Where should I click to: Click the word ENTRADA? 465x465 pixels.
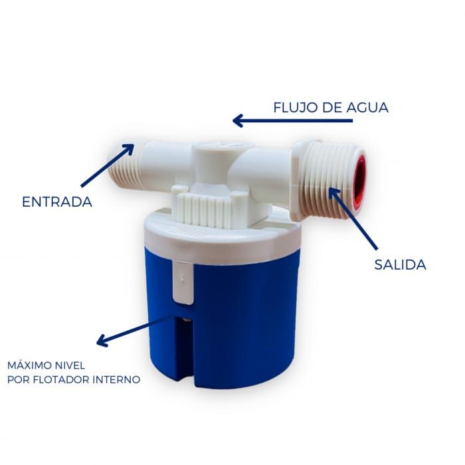coord(57,202)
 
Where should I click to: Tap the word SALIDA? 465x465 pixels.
coord(400,264)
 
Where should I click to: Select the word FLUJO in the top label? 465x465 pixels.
coord(296,108)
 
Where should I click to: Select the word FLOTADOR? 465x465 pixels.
coord(61,379)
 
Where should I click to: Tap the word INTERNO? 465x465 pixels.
coord(116,379)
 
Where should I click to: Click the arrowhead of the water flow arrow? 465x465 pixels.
coord(238,121)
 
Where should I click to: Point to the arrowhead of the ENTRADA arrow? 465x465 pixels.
coord(130,148)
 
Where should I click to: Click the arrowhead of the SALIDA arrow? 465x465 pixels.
coord(333,192)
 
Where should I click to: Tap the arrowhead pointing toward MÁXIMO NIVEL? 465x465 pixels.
coord(102,341)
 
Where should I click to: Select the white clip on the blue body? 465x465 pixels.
coord(183,282)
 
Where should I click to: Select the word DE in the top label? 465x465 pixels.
coord(331,108)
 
